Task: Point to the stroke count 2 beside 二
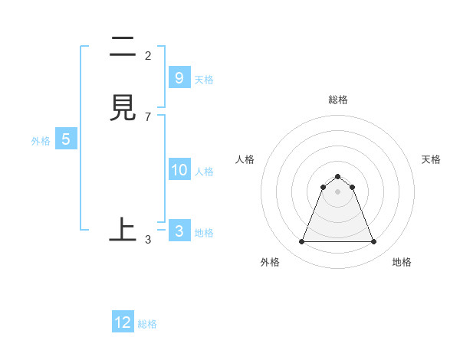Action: pyautogui.click(x=148, y=56)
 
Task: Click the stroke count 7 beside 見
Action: pyautogui.click(x=148, y=116)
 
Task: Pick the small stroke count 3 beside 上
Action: pyautogui.click(x=148, y=240)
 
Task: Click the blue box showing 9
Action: pyautogui.click(x=179, y=77)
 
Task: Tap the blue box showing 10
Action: pyautogui.click(x=179, y=170)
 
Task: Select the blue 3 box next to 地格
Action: pyautogui.click(x=179, y=231)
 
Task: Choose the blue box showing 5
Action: pyautogui.click(x=66, y=139)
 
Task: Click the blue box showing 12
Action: pyautogui.click(x=123, y=322)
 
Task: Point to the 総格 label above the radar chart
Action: pyautogui.click(x=338, y=100)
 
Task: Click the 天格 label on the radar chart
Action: pyautogui.click(x=431, y=159)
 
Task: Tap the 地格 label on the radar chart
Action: pyautogui.click(x=402, y=263)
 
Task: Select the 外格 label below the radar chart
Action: pyautogui.click(x=270, y=263)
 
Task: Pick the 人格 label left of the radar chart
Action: pyautogui.click(x=245, y=159)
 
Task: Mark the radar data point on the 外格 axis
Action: pyautogui.click(x=301, y=242)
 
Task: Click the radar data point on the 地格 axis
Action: pyautogui.click(x=374, y=242)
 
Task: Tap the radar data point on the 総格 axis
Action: pyautogui.click(x=337, y=177)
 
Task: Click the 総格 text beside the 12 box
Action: pyautogui.click(x=147, y=324)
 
